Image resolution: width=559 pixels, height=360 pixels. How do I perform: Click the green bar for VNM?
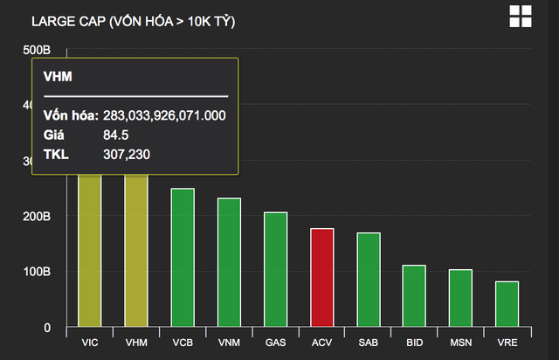click(229, 263)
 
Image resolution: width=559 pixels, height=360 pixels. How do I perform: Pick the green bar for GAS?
click(275, 270)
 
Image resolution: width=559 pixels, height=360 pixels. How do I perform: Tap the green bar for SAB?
click(368, 280)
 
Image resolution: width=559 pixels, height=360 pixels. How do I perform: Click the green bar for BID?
click(414, 296)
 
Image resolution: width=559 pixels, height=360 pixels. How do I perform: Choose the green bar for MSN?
click(460, 299)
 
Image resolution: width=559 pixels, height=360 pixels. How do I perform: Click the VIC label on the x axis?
click(90, 343)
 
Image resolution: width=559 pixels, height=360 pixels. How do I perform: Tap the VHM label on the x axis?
click(136, 343)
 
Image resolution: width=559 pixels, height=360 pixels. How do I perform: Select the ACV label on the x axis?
click(321, 343)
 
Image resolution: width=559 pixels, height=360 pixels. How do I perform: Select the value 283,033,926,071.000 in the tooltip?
click(164, 116)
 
